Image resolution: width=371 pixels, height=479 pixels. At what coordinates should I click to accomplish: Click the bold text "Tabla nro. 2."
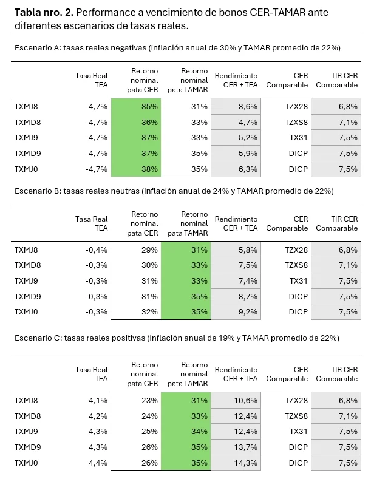tap(44, 12)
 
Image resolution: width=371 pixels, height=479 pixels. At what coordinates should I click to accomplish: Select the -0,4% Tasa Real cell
tap(97, 250)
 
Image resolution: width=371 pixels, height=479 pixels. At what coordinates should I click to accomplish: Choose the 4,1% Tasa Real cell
tap(98, 400)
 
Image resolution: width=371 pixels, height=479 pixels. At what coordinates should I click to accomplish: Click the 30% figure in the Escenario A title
tap(228, 47)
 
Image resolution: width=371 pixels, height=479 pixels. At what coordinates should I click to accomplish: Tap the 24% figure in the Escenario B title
tap(220, 191)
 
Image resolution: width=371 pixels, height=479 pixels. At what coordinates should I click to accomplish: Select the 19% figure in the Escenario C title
tap(226, 338)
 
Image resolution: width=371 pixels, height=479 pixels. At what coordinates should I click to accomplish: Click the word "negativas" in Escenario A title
tap(128, 48)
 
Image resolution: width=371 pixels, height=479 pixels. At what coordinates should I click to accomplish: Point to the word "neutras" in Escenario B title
tap(125, 191)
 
